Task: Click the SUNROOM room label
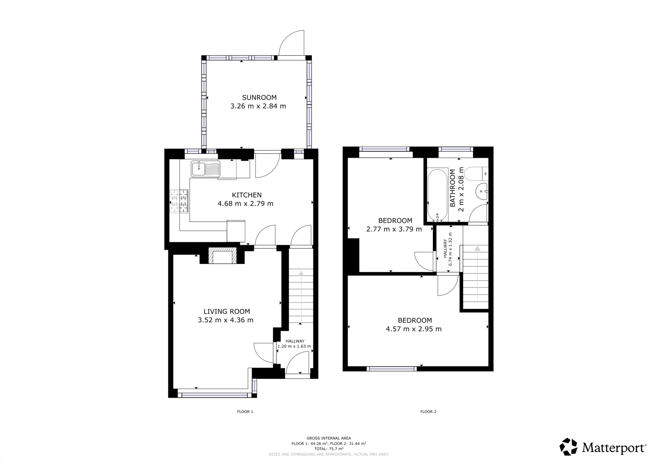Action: [x=259, y=97]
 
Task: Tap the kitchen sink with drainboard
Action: [x=206, y=169]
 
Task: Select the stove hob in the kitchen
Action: [x=179, y=201]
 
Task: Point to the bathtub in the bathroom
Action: [x=437, y=196]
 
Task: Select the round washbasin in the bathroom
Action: [x=481, y=191]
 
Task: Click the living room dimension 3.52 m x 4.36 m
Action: [x=226, y=320]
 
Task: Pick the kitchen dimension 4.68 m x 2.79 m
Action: [x=245, y=204]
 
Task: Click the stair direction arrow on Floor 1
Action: [x=301, y=274]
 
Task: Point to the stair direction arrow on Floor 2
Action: [x=477, y=249]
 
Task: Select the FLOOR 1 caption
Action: [x=245, y=412]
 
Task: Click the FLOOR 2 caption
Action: [x=428, y=412]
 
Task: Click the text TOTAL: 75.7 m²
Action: [x=329, y=449]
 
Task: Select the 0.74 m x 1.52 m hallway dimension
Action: [x=450, y=249]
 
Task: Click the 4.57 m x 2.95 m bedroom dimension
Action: [x=413, y=329]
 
